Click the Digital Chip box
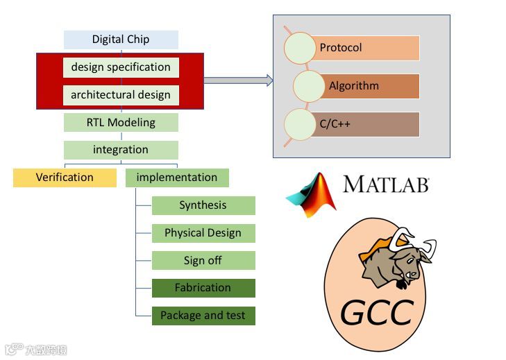(x=121, y=40)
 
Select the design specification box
(x=121, y=67)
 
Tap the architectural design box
(x=121, y=95)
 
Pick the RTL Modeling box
(x=121, y=123)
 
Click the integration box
(x=121, y=150)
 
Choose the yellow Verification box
(x=65, y=178)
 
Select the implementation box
(x=177, y=178)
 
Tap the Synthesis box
(x=203, y=205)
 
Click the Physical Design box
(x=203, y=233)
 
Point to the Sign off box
(x=203, y=261)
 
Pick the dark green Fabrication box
(x=203, y=288)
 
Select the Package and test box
(x=203, y=316)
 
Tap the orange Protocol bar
(x=368, y=49)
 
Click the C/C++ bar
(x=368, y=125)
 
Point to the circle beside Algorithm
(x=308, y=86)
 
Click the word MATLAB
(x=386, y=185)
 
